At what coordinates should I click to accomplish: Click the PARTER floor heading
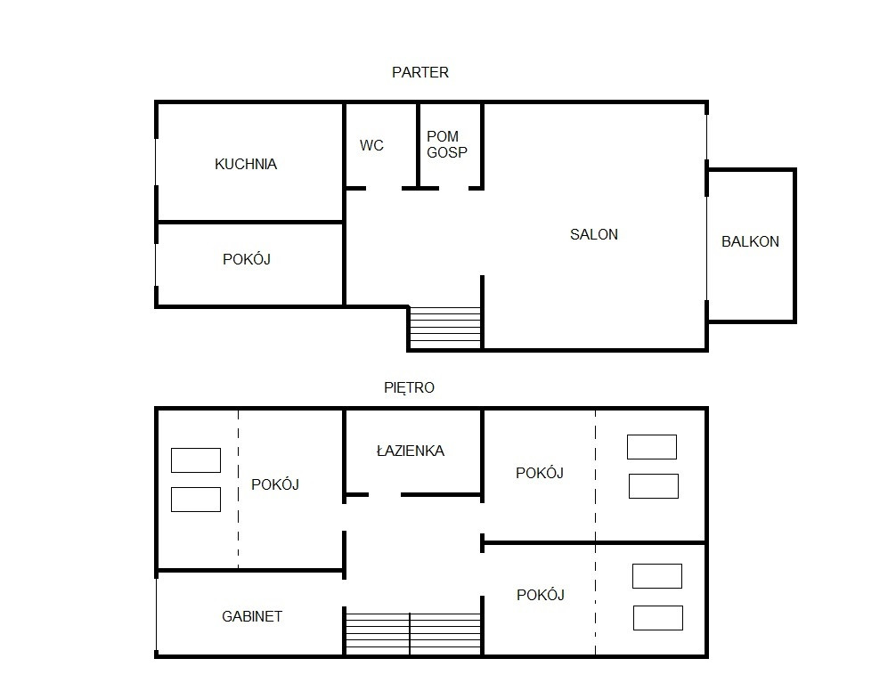[x=420, y=73]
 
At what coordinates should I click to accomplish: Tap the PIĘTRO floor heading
[x=409, y=388]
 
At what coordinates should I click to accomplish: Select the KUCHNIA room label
[x=246, y=164]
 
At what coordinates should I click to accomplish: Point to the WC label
[x=371, y=145]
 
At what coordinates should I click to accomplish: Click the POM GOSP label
[x=447, y=144]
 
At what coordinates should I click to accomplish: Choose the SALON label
[x=594, y=234]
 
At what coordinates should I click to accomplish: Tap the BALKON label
[x=750, y=241]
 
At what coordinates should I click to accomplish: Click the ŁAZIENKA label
[x=411, y=451]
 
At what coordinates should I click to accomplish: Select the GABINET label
[x=252, y=616]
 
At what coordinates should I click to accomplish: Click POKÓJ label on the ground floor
[x=247, y=259]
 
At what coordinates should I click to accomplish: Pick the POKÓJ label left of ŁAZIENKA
[x=275, y=484]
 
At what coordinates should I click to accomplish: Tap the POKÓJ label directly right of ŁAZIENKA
[x=540, y=473]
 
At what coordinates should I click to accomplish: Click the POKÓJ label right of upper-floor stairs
[x=540, y=595]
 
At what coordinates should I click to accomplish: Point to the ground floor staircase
[x=445, y=327]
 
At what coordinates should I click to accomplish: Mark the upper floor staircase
[x=413, y=633]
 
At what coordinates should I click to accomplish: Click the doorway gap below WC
[x=384, y=188]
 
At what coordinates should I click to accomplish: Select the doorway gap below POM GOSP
[x=453, y=188]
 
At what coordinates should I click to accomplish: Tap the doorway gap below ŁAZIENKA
[x=385, y=494]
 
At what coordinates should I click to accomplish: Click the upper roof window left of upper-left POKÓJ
[x=196, y=460]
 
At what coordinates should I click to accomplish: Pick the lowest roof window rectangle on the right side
[x=657, y=618]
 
